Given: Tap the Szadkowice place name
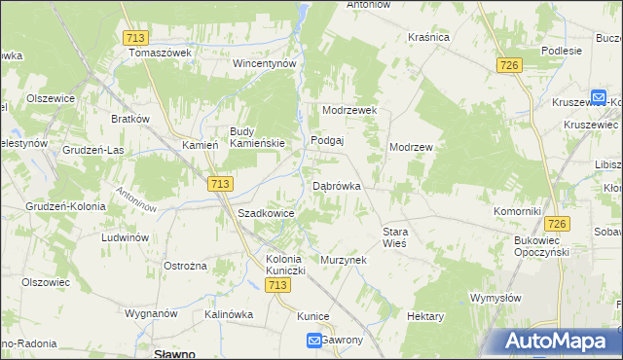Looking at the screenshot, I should click(x=266, y=213).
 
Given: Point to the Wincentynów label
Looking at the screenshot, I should click(x=263, y=63).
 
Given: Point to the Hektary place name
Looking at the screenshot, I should click(x=425, y=317).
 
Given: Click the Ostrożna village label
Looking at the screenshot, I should click(x=185, y=266).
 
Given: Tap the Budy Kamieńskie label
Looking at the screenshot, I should click(x=257, y=137).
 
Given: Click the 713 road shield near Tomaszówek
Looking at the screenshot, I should click(x=136, y=36).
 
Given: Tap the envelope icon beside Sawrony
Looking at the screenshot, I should click(x=314, y=340).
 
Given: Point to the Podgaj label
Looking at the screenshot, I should click(x=328, y=140).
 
